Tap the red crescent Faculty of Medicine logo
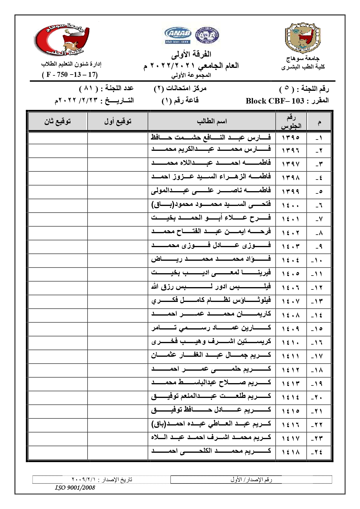point(62,39)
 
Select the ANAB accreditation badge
point(178,35)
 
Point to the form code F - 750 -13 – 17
point(70,75)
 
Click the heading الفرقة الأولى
point(191,54)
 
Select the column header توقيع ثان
point(57,122)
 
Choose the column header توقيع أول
point(117,122)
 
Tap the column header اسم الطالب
point(211,122)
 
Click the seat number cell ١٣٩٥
point(290,137)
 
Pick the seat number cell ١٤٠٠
point(290,206)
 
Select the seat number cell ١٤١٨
point(290,452)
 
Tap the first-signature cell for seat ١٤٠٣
point(117,247)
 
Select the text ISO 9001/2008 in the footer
point(75,488)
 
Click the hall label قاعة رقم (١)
point(180,101)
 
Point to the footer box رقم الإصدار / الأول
point(251,480)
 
